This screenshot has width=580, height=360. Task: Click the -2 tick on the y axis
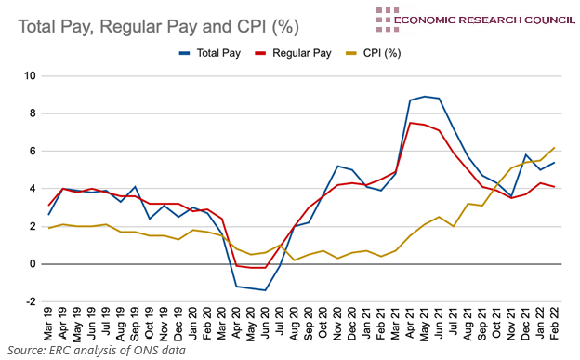[31, 302]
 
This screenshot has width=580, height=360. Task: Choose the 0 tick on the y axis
[33, 264]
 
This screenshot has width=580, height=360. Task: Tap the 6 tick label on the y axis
[33, 152]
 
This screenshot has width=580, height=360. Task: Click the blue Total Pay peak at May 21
[425, 96]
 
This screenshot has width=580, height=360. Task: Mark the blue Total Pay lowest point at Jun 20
[265, 290]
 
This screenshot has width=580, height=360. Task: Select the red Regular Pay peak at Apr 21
[411, 123]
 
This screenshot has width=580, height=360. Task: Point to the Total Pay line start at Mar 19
[48, 215]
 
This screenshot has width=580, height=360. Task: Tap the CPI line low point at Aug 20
[295, 260]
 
